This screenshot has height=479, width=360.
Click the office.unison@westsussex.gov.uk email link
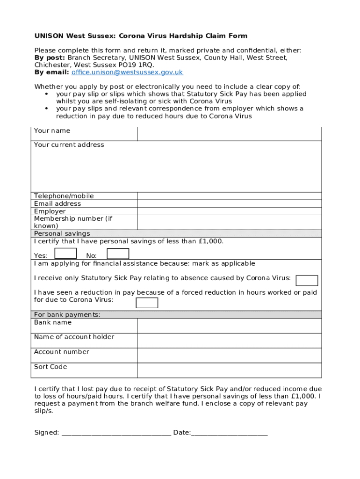[x=127, y=73]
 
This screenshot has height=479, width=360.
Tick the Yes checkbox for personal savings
[x=65, y=254]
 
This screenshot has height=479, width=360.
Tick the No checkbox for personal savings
[x=118, y=254]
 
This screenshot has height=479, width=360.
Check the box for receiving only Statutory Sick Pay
[x=307, y=280]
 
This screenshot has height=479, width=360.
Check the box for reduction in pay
[x=146, y=303]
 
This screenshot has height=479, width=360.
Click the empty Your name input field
[x=229, y=134]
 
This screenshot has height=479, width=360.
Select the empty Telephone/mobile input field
[x=229, y=196]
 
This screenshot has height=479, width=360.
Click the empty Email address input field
[x=229, y=203]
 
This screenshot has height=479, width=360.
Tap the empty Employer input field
[x=229, y=211]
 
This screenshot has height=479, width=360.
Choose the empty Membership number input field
[x=229, y=222]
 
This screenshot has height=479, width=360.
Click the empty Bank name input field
[x=229, y=326]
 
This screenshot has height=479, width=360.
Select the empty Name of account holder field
[x=229, y=341]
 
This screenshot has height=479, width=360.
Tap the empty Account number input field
[x=229, y=356]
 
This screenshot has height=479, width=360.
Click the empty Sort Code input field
[x=229, y=370]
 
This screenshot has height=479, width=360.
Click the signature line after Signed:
[x=116, y=433]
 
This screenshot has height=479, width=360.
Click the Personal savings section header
[x=62, y=233]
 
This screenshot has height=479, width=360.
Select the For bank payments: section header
[x=67, y=315]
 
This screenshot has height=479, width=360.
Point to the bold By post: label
[x=50, y=58]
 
